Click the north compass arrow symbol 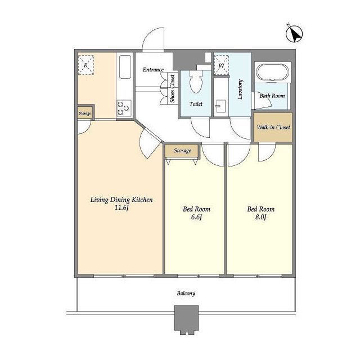point(294,34)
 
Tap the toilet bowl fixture point(196,81)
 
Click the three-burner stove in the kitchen point(124,107)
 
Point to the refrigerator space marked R point(86,65)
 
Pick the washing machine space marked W point(222,65)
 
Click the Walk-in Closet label point(273,127)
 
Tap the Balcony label point(186,294)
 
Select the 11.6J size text point(121,208)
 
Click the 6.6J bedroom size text point(196,217)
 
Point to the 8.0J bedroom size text point(260,217)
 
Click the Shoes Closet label point(172,89)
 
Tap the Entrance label point(153,70)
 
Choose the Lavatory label point(240,89)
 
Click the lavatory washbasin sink point(220,106)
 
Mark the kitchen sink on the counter point(125,67)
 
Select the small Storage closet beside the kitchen point(85,113)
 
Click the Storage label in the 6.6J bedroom point(182,151)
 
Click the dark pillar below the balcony point(186,319)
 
